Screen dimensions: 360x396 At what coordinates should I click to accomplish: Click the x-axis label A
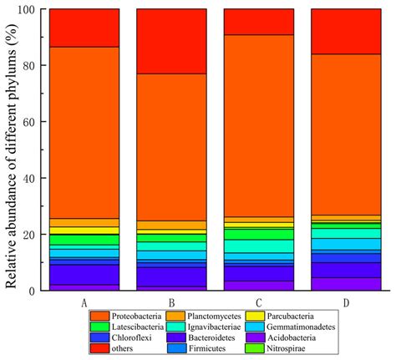[84, 301]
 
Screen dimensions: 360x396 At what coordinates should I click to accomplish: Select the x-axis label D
[345, 301]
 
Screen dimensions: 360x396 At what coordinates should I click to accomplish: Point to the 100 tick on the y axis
[32, 10]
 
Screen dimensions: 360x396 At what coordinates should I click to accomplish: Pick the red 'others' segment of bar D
[345, 32]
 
